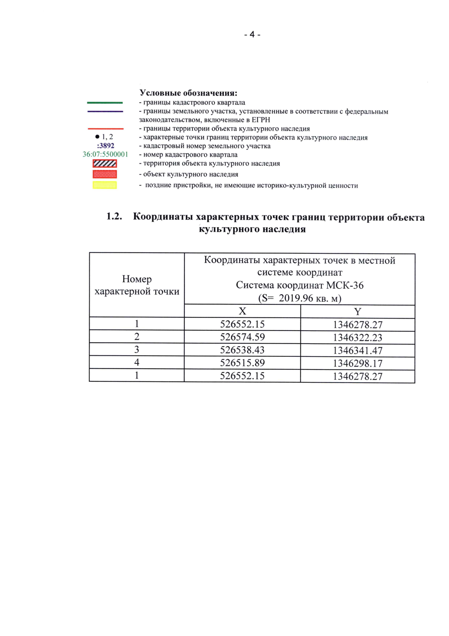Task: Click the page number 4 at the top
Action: pyautogui.click(x=252, y=34)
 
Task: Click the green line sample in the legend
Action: pyautogui.click(x=105, y=103)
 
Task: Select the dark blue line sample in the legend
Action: pyautogui.click(x=105, y=112)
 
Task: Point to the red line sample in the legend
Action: pyautogui.click(x=105, y=128)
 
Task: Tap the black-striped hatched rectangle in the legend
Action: pyautogui.click(x=105, y=164)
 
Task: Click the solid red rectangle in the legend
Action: pyautogui.click(x=105, y=174)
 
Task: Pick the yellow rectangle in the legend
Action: pyautogui.click(x=105, y=185)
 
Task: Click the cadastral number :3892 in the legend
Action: pyautogui.click(x=106, y=146)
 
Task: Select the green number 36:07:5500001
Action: pyautogui.click(x=105, y=155)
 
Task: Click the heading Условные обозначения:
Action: pyautogui.click(x=188, y=93)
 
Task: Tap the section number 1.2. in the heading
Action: pyautogui.click(x=114, y=217)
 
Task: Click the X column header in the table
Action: pyautogui.click(x=242, y=311)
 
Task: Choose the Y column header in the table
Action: pyautogui.click(x=358, y=312)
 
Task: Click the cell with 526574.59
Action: pyautogui.click(x=242, y=337)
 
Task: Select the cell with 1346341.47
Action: pyautogui.click(x=358, y=351)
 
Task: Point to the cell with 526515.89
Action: pyautogui.click(x=242, y=363)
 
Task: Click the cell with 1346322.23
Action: pyautogui.click(x=358, y=338)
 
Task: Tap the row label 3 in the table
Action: pyautogui.click(x=137, y=350)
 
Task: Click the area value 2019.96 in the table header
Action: pyautogui.click(x=296, y=298)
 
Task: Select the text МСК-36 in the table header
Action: pyautogui.click(x=345, y=285)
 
